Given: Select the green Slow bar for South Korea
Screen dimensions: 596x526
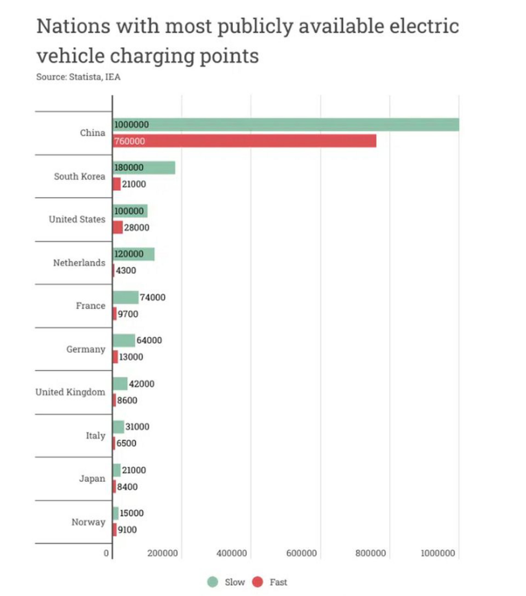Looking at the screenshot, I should click(x=144, y=168).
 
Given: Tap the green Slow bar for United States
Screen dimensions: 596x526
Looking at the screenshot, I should click(x=130, y=211).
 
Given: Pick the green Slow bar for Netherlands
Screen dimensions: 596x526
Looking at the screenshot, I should click(x=133, y=254).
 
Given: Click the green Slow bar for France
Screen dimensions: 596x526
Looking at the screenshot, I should click(x=125, y=297).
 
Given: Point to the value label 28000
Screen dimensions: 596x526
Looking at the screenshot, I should click(x=136, y=228).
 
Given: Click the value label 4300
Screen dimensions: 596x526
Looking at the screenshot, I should click(x=126, y=270).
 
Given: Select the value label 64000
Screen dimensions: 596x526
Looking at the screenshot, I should click(x=149, y=340).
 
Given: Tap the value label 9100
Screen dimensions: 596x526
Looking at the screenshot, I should click(x=127, y=529).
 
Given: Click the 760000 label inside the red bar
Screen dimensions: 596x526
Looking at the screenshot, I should click(x=129, y=141).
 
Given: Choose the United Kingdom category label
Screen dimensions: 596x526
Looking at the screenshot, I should click(x=70, y=392).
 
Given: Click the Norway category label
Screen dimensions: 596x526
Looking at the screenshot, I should click(x=88, y=522).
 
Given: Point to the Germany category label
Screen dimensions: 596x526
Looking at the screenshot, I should click(x=86, y=349).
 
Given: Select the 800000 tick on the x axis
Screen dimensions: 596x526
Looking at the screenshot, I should click(x=370, y=553).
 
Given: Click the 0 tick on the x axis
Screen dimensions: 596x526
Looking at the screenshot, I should click(x=106, y=553).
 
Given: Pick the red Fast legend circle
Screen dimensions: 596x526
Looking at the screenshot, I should click(x=257, y=582).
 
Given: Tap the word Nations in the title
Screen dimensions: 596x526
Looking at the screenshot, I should click(x=73, y=26).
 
